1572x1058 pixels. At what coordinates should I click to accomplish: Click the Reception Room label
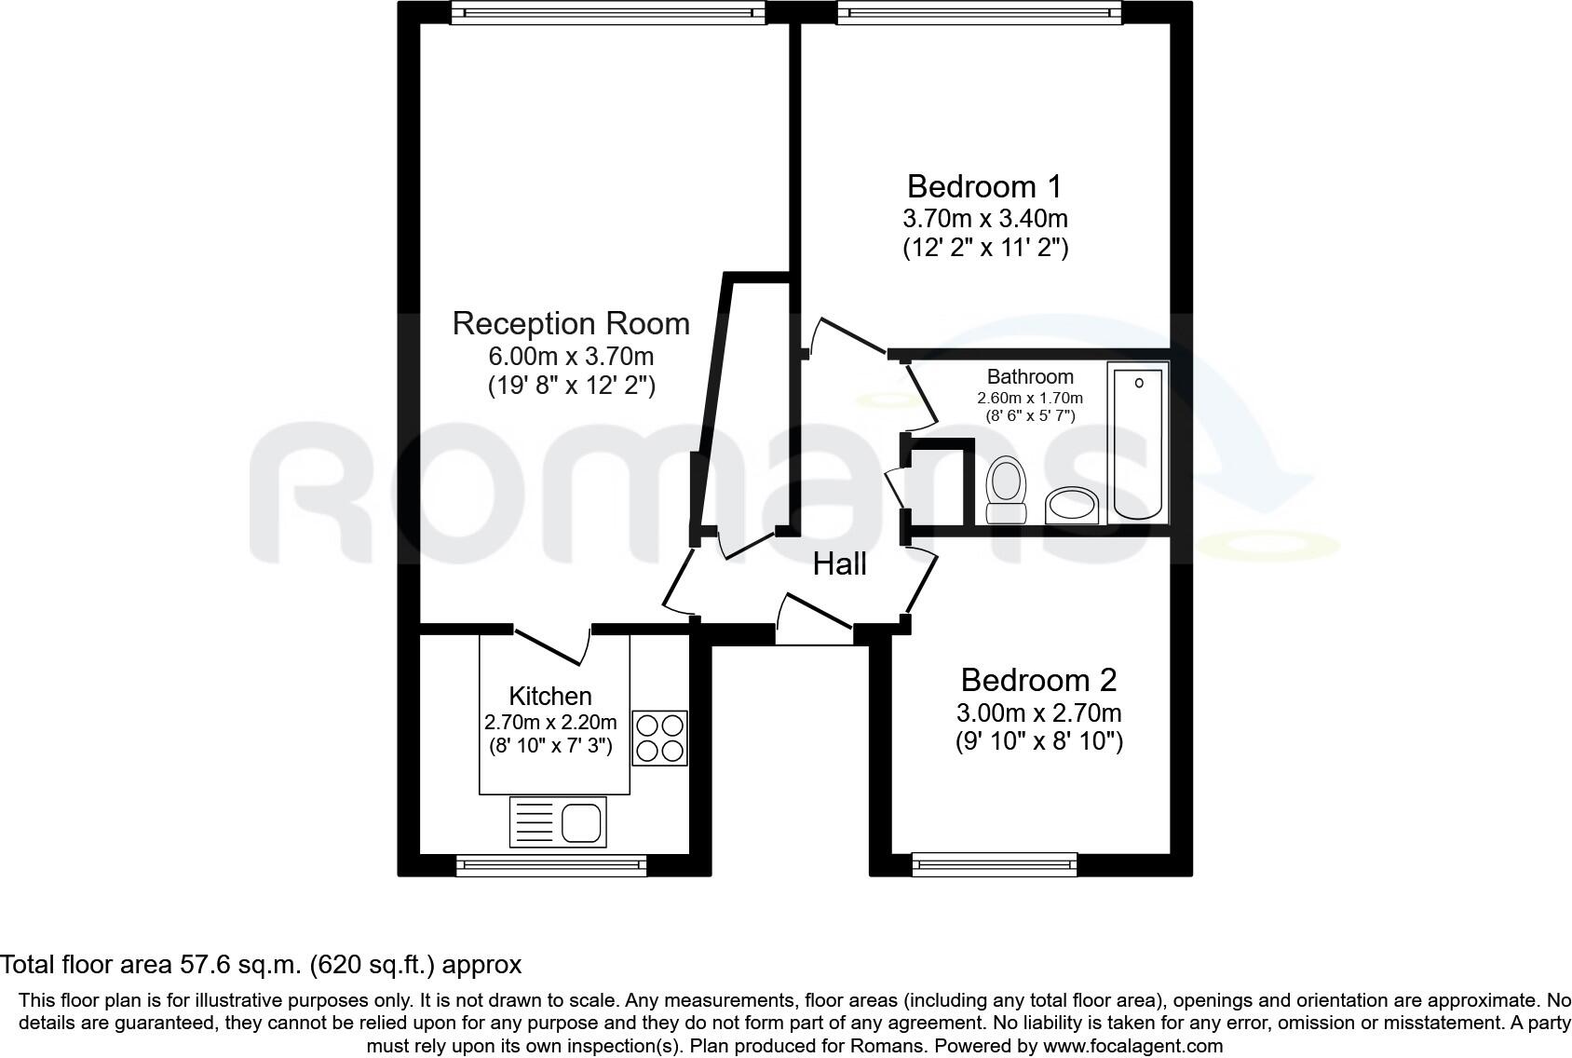pos(571,323)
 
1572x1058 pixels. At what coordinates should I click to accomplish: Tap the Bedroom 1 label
pos(984,186)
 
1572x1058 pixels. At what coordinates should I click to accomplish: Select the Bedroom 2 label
pos(1038,680)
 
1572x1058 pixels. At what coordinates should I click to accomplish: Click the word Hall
pos(839,563)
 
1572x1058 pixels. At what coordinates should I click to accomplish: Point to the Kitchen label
pos(550,696)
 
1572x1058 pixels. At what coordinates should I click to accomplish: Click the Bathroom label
pos(1030,376)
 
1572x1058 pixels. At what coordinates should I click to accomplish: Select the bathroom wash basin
pos(1073,505)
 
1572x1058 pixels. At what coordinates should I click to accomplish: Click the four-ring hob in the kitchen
pos(659,738)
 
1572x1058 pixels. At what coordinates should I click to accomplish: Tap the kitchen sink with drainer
pos(558,821)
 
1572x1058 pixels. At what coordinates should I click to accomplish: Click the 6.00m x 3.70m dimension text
pos(571,356)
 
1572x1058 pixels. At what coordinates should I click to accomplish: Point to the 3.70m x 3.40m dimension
pos(985,219)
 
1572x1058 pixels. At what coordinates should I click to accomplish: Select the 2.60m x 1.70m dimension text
pos(1030,398)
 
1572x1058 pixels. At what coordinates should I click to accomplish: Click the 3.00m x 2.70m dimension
pos(1039,713)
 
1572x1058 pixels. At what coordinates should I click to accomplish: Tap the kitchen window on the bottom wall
pos(551,866)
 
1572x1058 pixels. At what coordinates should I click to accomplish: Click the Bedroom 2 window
pos(995,865)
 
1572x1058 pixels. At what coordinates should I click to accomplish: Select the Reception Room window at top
pos(608,12)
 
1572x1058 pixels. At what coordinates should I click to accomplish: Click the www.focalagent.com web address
pos(1133,1045)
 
